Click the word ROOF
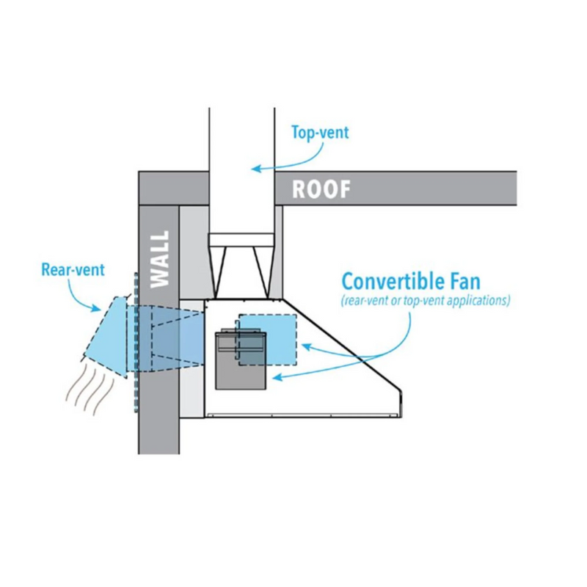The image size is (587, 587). pyautogui.click(x=321, y=189)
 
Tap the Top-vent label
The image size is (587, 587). pyautogui.click(x=320, y=133)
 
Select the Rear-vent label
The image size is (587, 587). pyautogui.click(x=73, y=269)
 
